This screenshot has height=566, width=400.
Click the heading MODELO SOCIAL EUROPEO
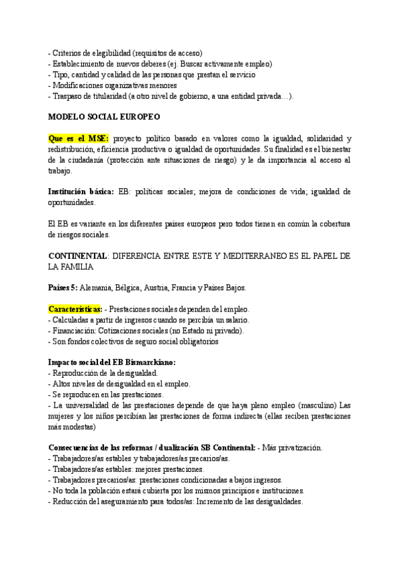pyautogui.click(x=104, y=116)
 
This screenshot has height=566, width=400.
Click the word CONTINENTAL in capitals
pyautogui.click(x=78, y=256)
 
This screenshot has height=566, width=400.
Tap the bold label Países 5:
pyautogui.click(x=63, y=288)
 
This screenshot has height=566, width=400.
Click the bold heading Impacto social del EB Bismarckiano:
pyautogui.click(x=113, y=362)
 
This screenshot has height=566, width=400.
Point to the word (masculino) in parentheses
pyautogui.click(x=314, y=404)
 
